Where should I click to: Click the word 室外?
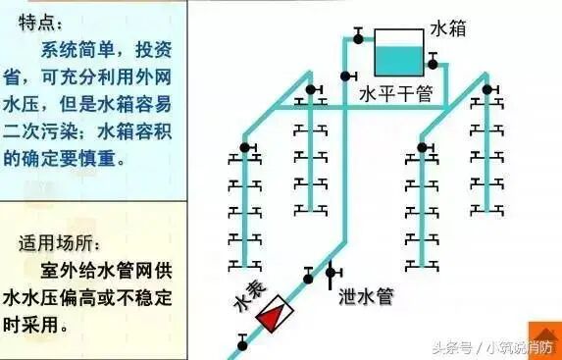54,267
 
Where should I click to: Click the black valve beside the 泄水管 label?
332,272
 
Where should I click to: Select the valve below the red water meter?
242,342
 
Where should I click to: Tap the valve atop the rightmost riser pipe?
485,87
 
